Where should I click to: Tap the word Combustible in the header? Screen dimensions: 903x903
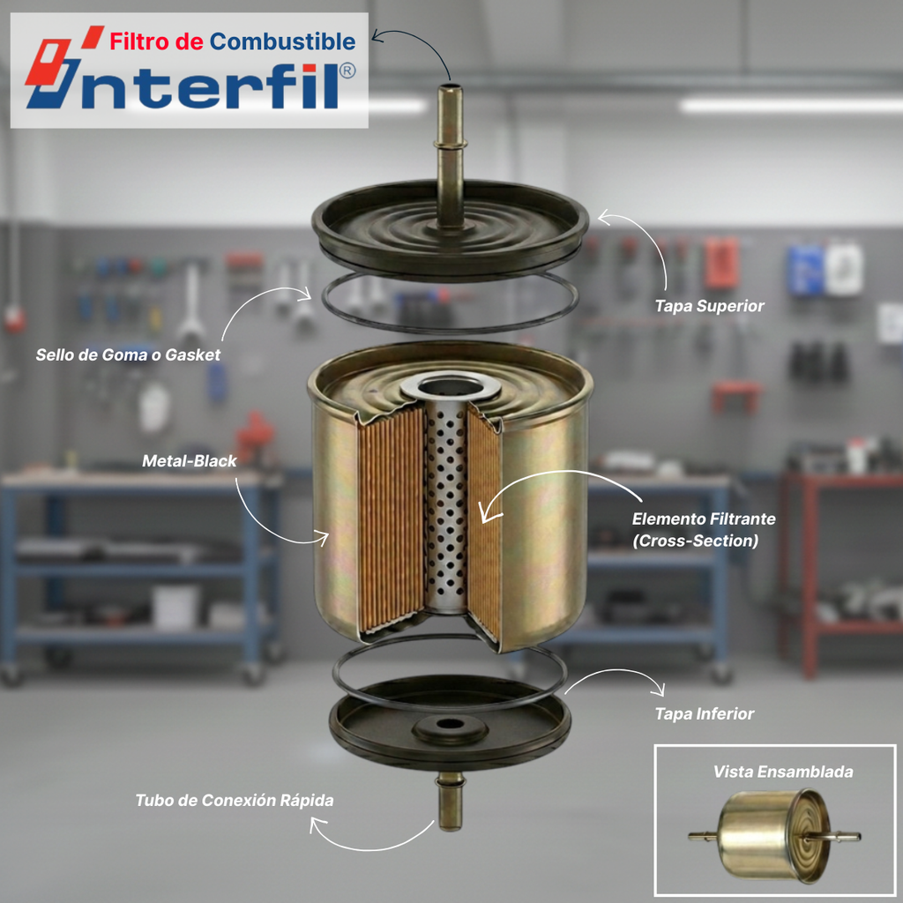pos(282,41)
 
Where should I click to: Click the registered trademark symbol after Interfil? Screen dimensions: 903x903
pos(347,71)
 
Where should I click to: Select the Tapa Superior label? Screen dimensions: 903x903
pos(710,306)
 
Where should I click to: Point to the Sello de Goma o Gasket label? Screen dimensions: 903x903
pos(128,354)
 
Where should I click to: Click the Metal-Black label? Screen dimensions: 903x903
pos(190,460)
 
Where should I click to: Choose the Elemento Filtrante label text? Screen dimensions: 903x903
pos(704,519)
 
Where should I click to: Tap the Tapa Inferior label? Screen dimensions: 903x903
pos(705,714)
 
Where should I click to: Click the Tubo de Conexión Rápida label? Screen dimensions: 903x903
pos(235,801)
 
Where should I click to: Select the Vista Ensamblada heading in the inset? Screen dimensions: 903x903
pos(783,772)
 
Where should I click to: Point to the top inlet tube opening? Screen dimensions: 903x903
pos(450,89)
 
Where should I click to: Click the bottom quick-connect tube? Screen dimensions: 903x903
pos(450,802)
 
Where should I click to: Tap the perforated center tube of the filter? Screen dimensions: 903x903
pos(445,507)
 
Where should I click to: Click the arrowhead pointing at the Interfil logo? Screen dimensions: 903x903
pos(377,37)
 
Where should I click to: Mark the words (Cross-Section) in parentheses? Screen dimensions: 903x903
pos(695,541)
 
